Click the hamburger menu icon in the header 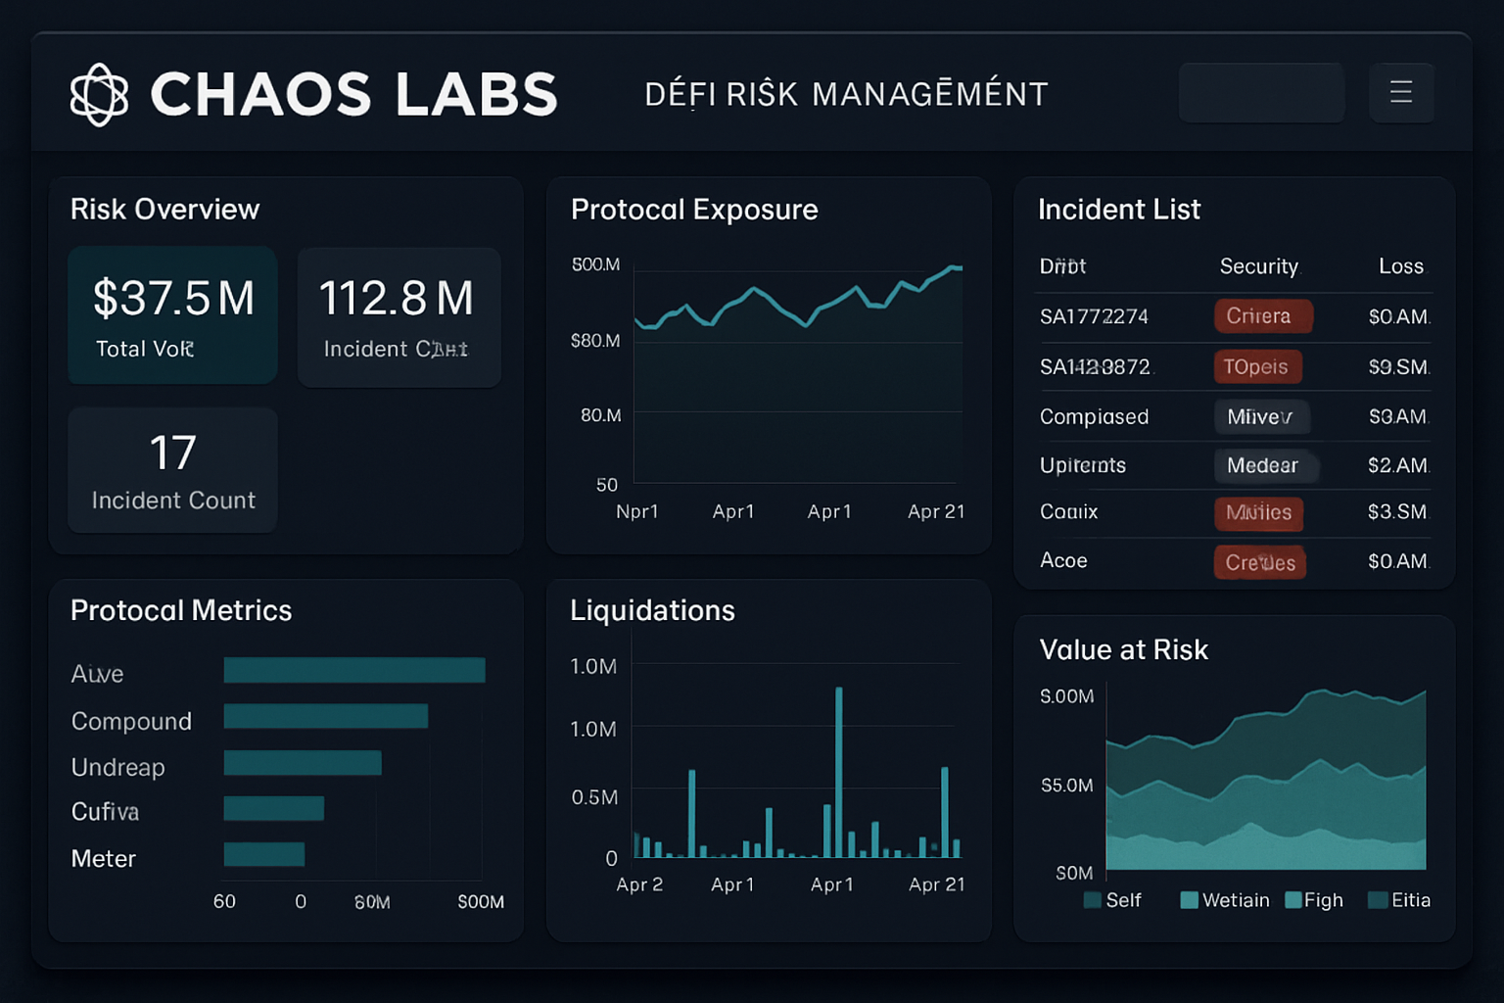[x=1401, y=92]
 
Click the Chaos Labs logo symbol [x=99, y=94]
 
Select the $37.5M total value [x=173, y=299]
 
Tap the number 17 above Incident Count [x=173, y=453]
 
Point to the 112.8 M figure [x=397, y=299]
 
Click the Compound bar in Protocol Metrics [x=325, y=716]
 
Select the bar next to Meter [x=264, y=854]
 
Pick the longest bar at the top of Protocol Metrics [x=353, y=670]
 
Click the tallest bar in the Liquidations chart [x=839, y=772]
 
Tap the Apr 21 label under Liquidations [x=936, y=884]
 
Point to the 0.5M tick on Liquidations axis [x=594, y=797]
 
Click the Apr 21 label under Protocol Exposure [x=936, y=511]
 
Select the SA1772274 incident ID [x=1094, y=316]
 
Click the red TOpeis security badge [x=1257, y=366]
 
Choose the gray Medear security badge [x=1263, y=465]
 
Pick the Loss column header [x=1400, y=266]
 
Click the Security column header [x=1258, y=266]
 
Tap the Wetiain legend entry [x=1226, y=900]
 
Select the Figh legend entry [x=1315, y=900]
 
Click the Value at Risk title [x=1123, y=649]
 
